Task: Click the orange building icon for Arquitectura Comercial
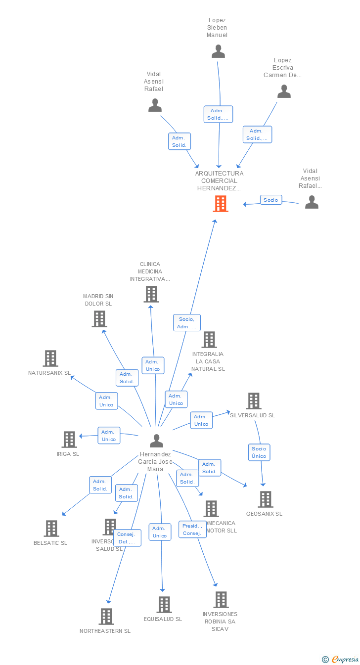tap(221, 203)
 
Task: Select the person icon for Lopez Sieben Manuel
tap(218, 51)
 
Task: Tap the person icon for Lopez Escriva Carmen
tap(284, 91)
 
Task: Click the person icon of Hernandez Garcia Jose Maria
tap(156, 441)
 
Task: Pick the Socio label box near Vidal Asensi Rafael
tap(271, 200)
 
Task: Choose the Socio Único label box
tap(259, 452)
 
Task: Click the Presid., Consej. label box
tap(192, 530)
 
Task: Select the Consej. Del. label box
tap(128, 538)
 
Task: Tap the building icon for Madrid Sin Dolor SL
tap(99, 319)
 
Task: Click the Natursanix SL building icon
tap(50, 358)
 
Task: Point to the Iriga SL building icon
tap(69, 439)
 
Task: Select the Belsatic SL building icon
tap(51, 529)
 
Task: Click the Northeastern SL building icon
tap(106, 617)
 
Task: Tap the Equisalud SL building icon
tap(164, 604)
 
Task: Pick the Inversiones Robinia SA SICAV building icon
tap(221, 600)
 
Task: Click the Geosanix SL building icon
tap(266, 499)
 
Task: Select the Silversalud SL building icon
tap(254, 401)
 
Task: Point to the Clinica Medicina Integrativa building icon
tap(151, 294)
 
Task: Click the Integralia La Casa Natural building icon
tap(209, 340)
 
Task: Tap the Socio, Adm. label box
tap(187, 323)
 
